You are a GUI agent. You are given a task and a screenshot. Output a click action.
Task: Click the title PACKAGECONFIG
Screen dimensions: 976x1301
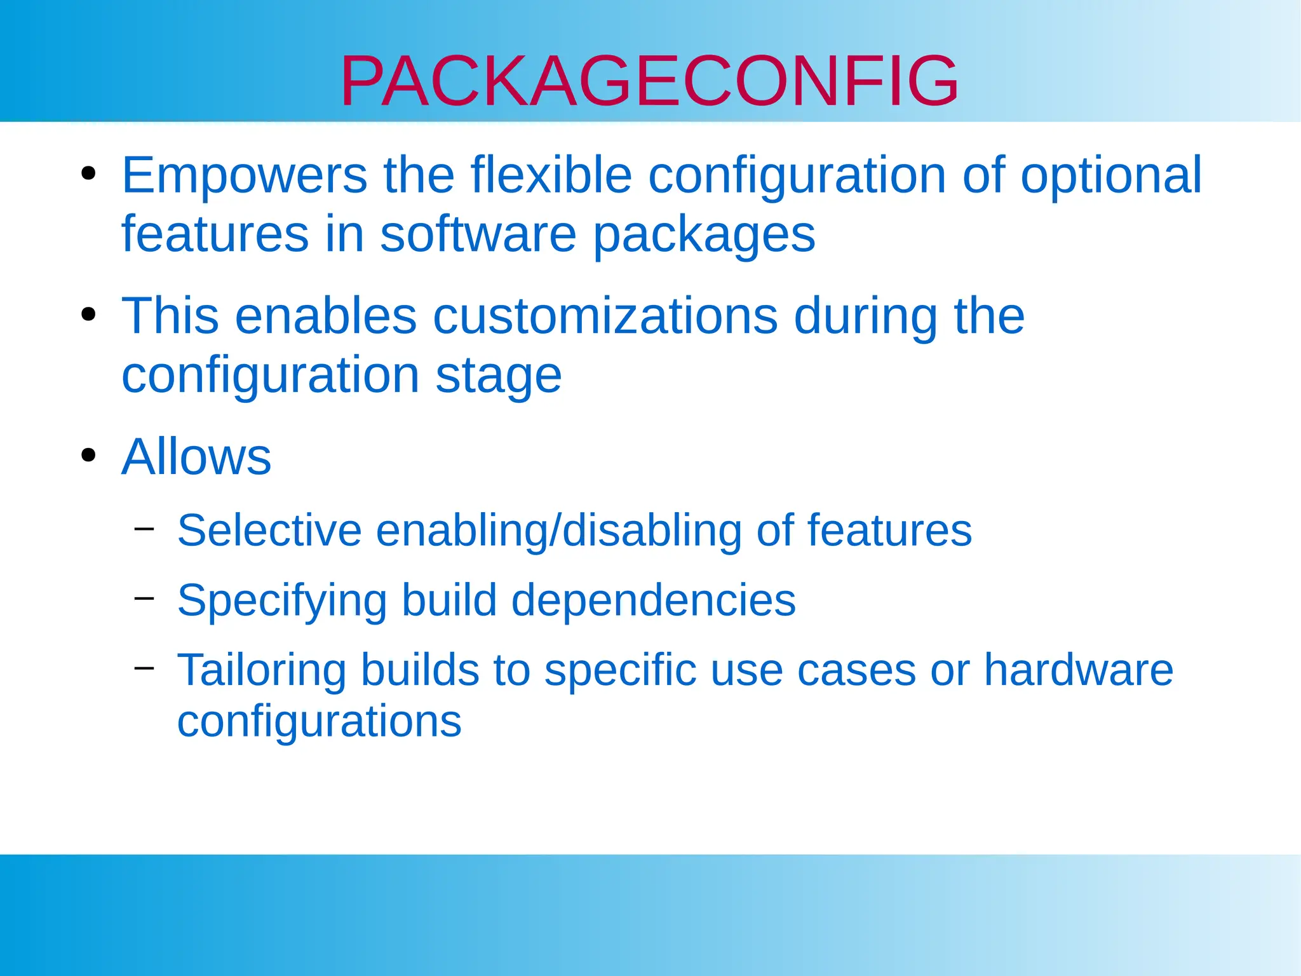649,81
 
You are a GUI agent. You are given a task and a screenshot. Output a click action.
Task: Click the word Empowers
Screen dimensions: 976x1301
245,175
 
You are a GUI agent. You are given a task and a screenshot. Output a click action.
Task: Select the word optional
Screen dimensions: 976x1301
1111,175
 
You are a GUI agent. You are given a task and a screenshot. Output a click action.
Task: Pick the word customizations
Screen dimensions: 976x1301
605,316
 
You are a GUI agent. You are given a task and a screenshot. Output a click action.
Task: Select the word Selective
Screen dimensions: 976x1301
269,530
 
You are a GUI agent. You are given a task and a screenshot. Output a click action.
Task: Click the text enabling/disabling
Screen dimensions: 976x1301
558,531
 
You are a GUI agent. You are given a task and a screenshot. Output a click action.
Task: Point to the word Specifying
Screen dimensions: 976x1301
282,601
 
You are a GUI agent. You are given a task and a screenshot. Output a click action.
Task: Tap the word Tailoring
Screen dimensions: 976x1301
262,671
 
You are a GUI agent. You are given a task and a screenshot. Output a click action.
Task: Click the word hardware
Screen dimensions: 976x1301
1078,670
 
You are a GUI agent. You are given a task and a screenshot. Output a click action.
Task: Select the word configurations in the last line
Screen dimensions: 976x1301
319,723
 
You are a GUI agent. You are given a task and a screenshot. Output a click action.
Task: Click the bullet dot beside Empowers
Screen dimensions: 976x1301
88,173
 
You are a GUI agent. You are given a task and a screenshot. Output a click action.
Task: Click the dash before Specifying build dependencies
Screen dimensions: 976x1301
145,597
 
